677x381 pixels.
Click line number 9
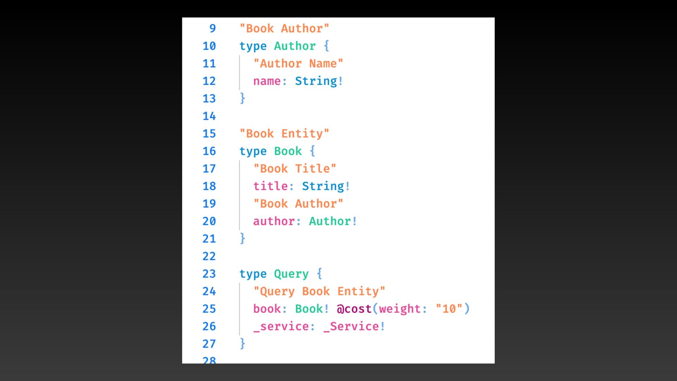212,29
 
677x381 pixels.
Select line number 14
209,116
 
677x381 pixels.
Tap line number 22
209,256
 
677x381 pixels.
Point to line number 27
209,344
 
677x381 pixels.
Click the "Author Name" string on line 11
298,64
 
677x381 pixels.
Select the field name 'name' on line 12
267,81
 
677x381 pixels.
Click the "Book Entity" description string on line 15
284,134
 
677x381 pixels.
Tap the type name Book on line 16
288,151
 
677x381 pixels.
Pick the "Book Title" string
295,169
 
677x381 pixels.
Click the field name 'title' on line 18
270,186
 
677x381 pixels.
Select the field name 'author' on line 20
274,221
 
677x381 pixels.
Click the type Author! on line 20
333,221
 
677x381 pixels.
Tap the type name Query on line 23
291,274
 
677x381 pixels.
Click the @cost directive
354,309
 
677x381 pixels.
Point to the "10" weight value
449,309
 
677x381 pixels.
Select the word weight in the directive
400,309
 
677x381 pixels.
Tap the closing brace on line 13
243,98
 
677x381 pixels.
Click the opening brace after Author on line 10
327,46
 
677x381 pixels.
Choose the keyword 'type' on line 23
253,274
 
